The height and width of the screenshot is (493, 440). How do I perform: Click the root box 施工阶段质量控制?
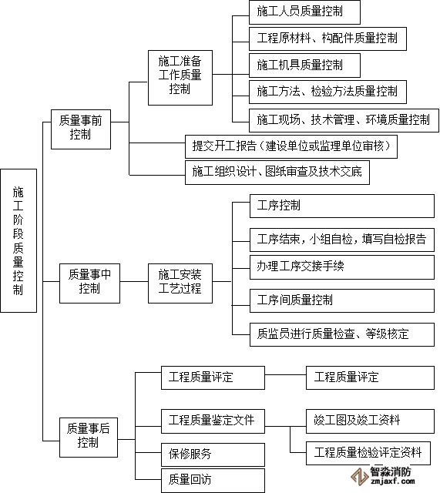pos(18,240)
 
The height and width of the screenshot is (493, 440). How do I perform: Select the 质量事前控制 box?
pos(81,129)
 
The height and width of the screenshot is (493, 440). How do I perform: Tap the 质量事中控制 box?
pos(89,283)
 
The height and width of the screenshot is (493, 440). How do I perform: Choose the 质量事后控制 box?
pos(89,438)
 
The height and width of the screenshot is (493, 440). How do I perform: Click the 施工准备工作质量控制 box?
pos(180,78)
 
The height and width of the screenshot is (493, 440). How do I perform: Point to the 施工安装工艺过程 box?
pos(180,283)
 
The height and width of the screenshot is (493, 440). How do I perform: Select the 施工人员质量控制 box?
pos(304,12)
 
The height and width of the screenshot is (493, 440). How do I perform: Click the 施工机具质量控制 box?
pos(304,65)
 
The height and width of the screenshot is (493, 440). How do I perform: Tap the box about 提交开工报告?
pos(291,146)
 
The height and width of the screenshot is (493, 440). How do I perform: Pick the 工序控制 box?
pos(342,206)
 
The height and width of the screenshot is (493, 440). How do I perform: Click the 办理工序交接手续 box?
pos(342,267)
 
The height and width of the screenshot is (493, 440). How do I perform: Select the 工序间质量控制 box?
pos(342,300)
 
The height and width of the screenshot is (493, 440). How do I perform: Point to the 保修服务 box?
pos(213,454)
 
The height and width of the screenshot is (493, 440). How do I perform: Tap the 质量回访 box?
pos(213,480)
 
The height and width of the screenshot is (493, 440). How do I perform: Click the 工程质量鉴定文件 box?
pos(213,421)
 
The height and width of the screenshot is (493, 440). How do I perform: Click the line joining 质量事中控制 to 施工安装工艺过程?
pos(134,281)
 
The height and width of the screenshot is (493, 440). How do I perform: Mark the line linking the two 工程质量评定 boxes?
pos(285,374)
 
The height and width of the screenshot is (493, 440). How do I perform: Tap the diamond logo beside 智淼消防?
pos(360,477)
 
